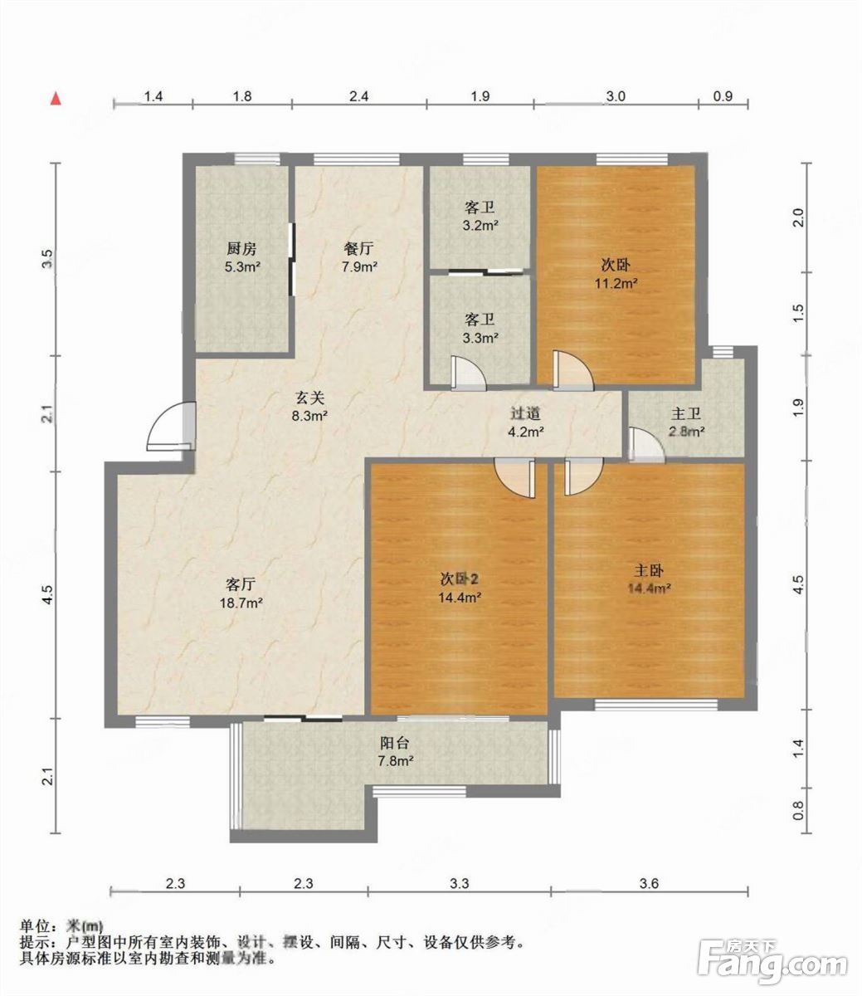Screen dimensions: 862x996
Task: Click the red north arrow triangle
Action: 57,99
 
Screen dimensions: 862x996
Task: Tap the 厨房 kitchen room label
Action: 241,249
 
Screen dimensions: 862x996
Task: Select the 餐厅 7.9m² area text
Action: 359,258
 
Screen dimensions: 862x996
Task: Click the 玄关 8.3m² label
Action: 309,407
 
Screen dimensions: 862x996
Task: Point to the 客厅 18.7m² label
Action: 241,593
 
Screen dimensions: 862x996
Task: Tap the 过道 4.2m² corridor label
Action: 526,422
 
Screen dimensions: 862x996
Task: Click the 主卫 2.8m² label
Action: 686,422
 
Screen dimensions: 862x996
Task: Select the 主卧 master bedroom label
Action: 649,571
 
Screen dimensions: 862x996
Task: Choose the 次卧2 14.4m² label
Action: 460,588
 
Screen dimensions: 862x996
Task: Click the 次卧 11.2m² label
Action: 616,274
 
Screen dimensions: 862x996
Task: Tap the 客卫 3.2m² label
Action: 480,217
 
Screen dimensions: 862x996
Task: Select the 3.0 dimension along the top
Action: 616,96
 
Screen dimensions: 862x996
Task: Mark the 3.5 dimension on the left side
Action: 46,259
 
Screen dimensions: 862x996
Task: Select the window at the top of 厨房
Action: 257,159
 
